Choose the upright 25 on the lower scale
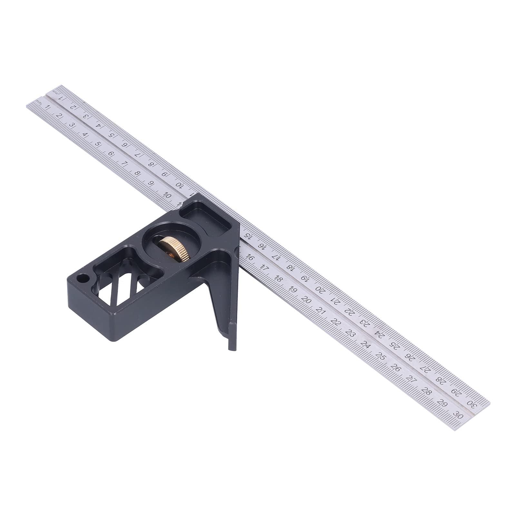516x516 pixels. (x=381, y=357)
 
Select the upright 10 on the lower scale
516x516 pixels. (x=167, y=195)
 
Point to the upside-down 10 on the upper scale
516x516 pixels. (x=179, y=184)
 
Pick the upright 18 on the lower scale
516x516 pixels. (x=278, y=279)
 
